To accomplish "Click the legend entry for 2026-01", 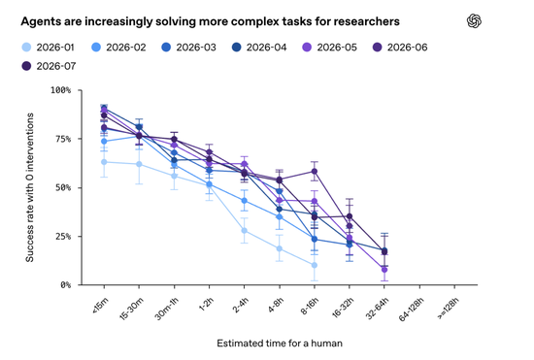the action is click(48, 48).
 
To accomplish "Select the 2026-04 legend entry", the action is click(259, 48).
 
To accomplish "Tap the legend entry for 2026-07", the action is click(49, 66).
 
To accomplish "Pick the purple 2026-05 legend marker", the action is click(307, 48).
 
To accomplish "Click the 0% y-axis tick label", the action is click(66, 285).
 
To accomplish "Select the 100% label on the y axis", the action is click(60, 90).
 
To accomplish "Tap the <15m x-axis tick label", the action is click(100, 306).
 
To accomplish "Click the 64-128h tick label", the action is click(411, 309).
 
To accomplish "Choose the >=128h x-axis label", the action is click(449, 308).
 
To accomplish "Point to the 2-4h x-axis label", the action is click(241, 305).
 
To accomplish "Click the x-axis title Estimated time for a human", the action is click(280, 344).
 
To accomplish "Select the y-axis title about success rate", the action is click(30, 187).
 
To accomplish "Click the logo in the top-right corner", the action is click(474, 21).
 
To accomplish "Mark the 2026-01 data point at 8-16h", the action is click(314, 265).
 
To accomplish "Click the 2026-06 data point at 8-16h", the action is click(315, 171).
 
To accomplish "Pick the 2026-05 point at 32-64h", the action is click(384, 270).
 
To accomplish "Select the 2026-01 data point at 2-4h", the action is click(244, 231).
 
